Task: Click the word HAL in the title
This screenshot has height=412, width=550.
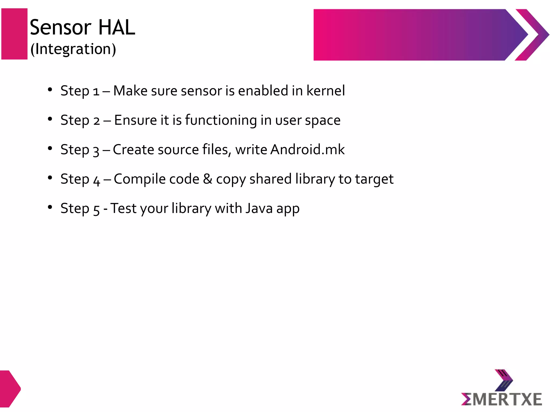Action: coord(117,27)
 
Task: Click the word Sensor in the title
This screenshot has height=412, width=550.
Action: coord(61,27)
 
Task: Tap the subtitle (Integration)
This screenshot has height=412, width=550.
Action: coord(73,49)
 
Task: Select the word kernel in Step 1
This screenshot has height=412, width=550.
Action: coord(325,91)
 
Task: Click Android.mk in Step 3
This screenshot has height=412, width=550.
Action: coord(307,149)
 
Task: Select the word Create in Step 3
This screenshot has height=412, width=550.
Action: coord(133,149)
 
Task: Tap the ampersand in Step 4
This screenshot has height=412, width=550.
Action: coord(208,179)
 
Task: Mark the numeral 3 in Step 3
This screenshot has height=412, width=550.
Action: coord(96,151)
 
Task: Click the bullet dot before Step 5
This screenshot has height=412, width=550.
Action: coord(50,207)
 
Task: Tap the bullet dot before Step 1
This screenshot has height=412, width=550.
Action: coord(50,90)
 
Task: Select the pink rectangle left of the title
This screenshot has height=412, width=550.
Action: coord(15,34)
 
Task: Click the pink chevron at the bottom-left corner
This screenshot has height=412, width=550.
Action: coord(9,388)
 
